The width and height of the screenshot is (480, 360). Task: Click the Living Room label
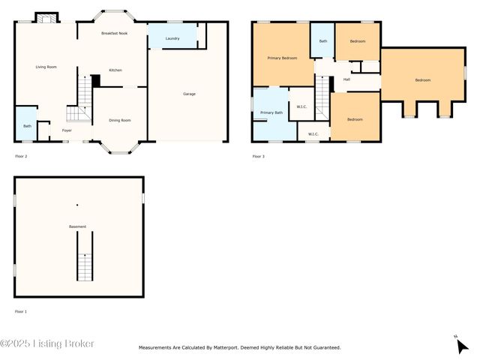(x=46, y=67)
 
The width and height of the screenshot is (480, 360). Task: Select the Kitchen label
(x=115, y=70)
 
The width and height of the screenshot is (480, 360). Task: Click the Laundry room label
(x=172, y=37)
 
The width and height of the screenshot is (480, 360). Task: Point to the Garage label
(x=190, y=94)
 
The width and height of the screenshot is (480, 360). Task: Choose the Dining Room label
(x=120, y=120)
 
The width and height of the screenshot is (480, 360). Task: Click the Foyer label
(x=67, y=130)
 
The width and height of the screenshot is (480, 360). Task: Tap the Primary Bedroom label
(x=282, y=58)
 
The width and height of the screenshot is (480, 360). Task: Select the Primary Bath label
(x=271, y=112)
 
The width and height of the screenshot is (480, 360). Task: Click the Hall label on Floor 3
(x=346, y=79)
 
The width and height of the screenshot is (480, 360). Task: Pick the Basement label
(x=78, y=226)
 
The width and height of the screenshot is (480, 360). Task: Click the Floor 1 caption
(x=21, y=311)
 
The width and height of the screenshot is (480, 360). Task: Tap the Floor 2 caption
(x=21, y=156)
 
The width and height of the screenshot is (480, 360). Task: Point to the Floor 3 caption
(x=258, y=156)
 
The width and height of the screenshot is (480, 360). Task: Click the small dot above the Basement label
(x=76, y=205)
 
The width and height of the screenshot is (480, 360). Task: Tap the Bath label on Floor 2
(x=27, y=126)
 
